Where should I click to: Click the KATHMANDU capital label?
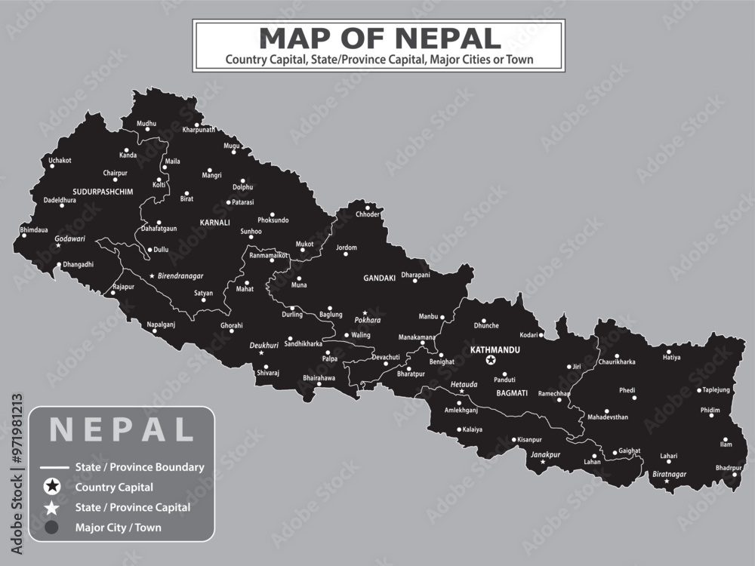[494, 350]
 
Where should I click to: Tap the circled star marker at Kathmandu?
[492, 361]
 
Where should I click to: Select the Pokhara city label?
[368, 320]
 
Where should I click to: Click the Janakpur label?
[545, 455]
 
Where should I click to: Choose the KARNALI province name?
[214, 223]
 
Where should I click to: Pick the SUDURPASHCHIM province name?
[103, 192]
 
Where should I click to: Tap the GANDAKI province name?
[379, 278]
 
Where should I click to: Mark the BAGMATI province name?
[512, 393]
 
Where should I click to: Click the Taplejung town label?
[716, 390]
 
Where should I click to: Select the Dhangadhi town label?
[78, 265]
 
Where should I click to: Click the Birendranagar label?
[180, 276]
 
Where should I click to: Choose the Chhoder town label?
[368, 214]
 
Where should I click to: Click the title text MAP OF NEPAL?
[379, 38]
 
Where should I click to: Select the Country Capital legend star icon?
[52, 488]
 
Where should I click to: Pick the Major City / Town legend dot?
[52, 528]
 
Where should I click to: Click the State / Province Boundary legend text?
[140, 467]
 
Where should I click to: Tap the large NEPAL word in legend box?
[122, 429]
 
